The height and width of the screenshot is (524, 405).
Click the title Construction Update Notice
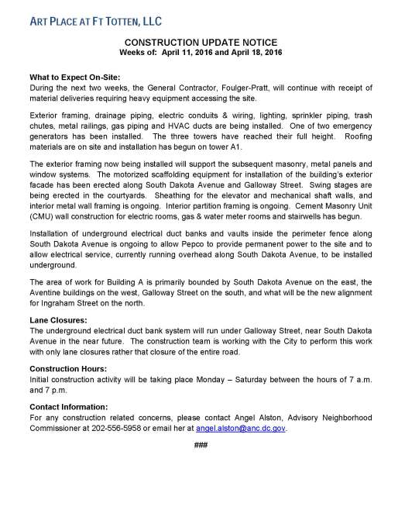coord(203,44)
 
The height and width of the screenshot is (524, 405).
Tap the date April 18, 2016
coord(259,53)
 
